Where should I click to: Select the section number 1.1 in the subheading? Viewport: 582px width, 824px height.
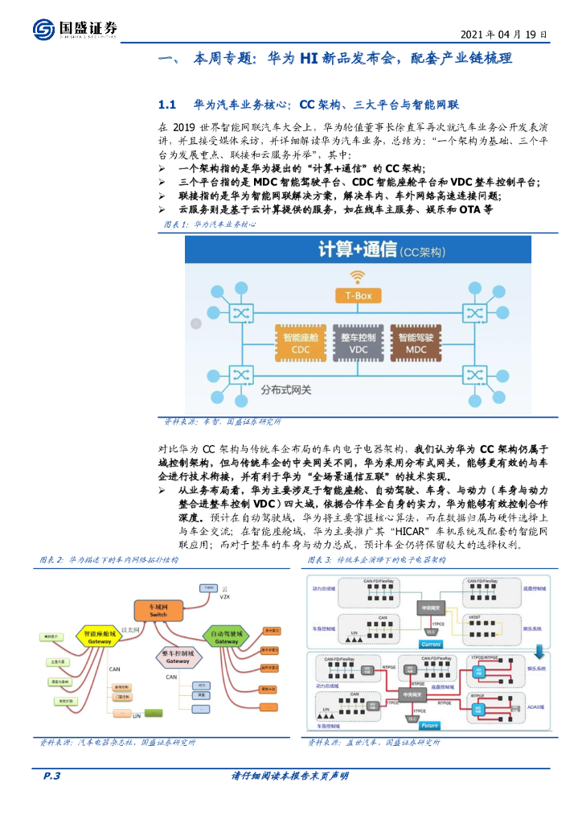(x=167, y=105)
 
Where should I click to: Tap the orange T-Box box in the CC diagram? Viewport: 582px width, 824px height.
(x=353, y=296)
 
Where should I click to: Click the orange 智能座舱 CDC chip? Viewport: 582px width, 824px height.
(x=297, y=341)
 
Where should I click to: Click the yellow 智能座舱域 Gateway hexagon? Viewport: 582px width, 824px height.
(x=100, y=637)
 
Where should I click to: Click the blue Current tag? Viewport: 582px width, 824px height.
(x=431, y=645)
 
